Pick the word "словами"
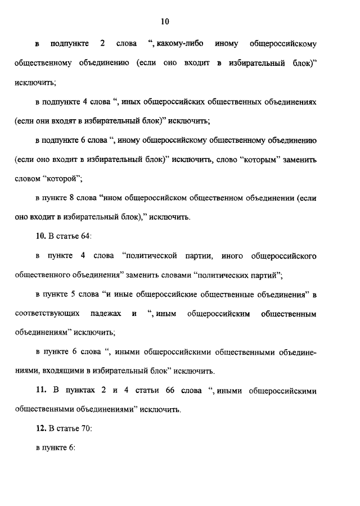click(172, 275)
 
